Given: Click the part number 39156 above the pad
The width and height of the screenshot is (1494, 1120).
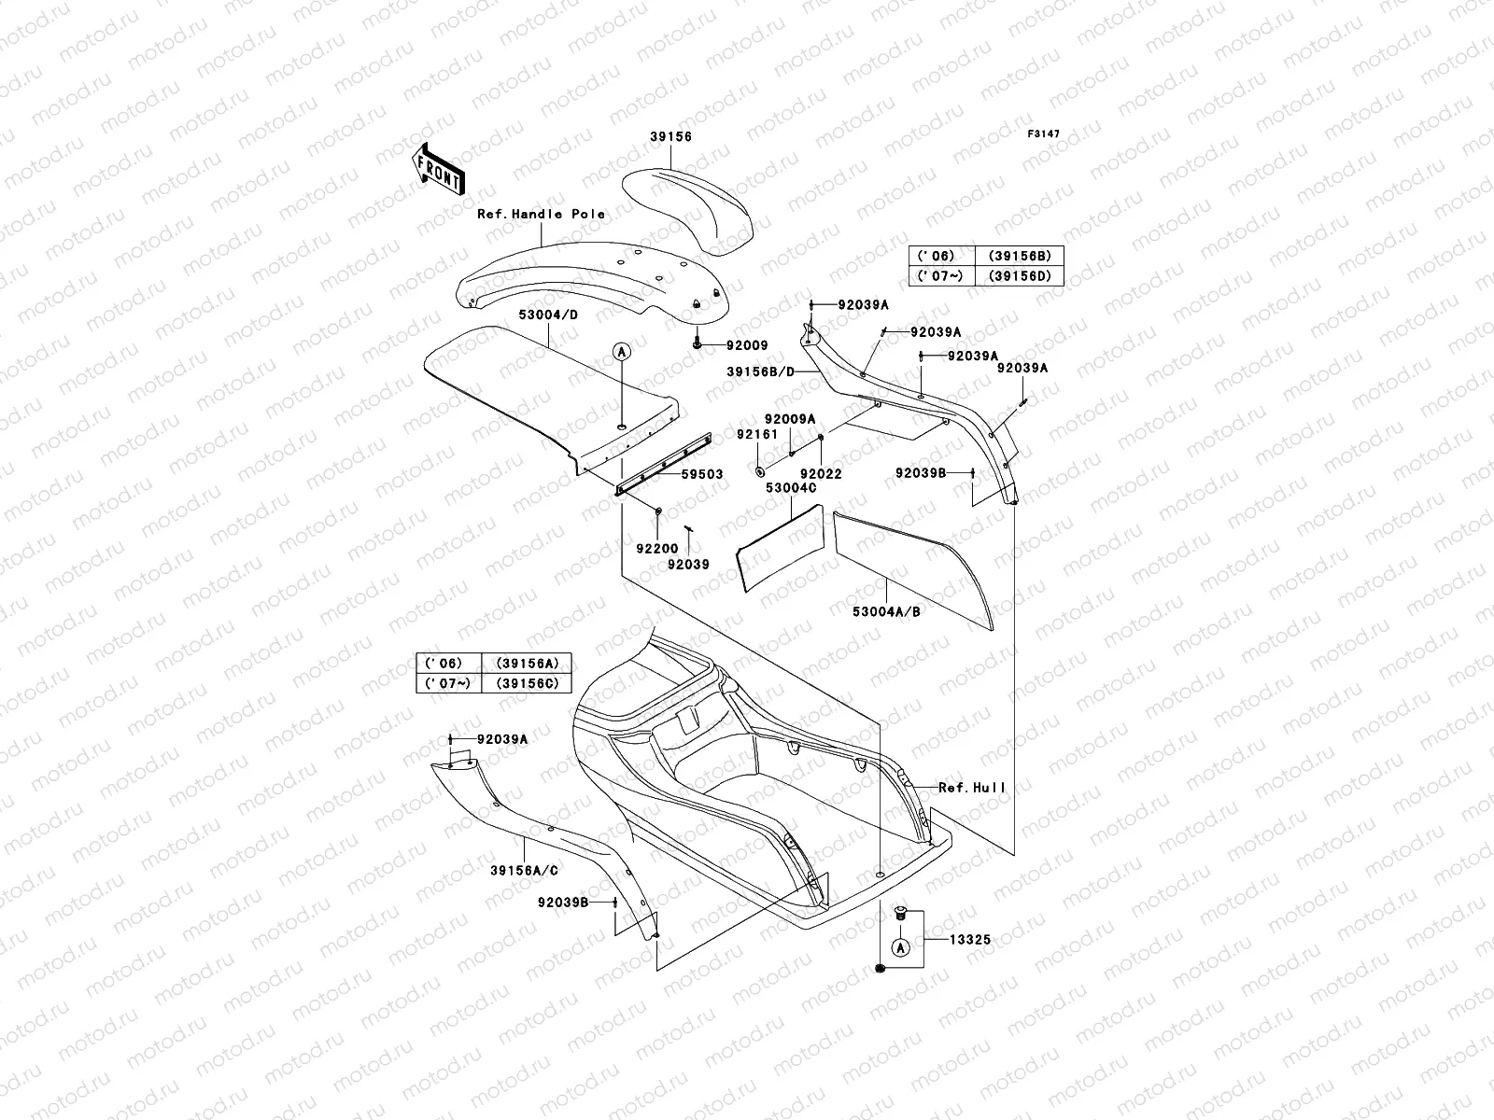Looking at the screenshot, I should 670,136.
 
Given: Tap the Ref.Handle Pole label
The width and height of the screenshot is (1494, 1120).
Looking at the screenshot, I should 541,214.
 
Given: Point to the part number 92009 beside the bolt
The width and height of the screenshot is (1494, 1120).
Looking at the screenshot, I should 746,345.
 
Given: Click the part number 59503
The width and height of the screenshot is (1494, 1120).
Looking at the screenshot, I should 701,475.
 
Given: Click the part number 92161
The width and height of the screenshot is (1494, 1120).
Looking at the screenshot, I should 756,434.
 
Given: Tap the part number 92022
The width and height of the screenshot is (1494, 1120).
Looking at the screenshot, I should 821,474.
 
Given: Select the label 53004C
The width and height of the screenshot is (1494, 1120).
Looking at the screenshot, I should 791,488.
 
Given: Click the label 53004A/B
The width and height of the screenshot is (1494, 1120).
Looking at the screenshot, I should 886,612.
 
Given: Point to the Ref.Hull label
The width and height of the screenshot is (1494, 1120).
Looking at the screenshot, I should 973,788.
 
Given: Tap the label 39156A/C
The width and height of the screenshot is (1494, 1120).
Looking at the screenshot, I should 524,871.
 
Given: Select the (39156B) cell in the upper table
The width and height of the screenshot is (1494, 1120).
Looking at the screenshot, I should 1019,256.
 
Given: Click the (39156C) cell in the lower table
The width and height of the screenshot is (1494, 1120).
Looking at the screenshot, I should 527,683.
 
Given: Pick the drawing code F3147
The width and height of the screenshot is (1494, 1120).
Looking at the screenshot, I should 1044,134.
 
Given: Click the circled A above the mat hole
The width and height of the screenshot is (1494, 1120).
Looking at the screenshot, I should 623,351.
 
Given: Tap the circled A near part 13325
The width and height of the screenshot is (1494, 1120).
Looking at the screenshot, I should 900,948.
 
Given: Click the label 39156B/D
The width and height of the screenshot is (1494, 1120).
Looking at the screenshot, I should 761,371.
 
